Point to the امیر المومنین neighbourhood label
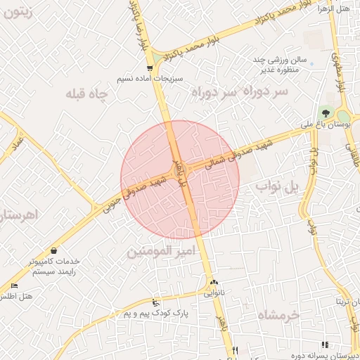pyautogui.click(x=159, y=250)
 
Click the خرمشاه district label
pyautogui.click(x=279, y=314)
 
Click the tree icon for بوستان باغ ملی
pyautogui.click(x=326, y=112)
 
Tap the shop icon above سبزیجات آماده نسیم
pyautogui.click(x=150, y=67)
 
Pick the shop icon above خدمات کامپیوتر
pyautogui.click(x=54, y=250)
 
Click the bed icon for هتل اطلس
pyautogui.click(x=15, y=285)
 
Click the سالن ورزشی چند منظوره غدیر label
pyautogui.click(x=279, y=65)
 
